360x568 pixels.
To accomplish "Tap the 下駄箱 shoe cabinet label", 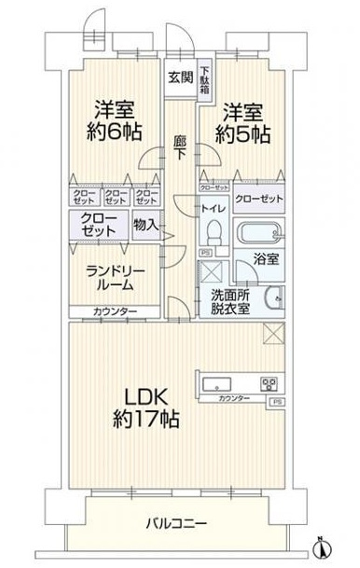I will coord(204,81).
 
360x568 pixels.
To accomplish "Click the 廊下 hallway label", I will coord(180,148).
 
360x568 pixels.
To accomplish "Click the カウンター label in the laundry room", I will coord(115,312).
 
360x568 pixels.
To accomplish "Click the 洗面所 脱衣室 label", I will coord(229,301).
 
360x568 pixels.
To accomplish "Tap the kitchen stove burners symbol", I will coord(269,383).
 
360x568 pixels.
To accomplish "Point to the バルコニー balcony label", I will coord(175,524).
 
